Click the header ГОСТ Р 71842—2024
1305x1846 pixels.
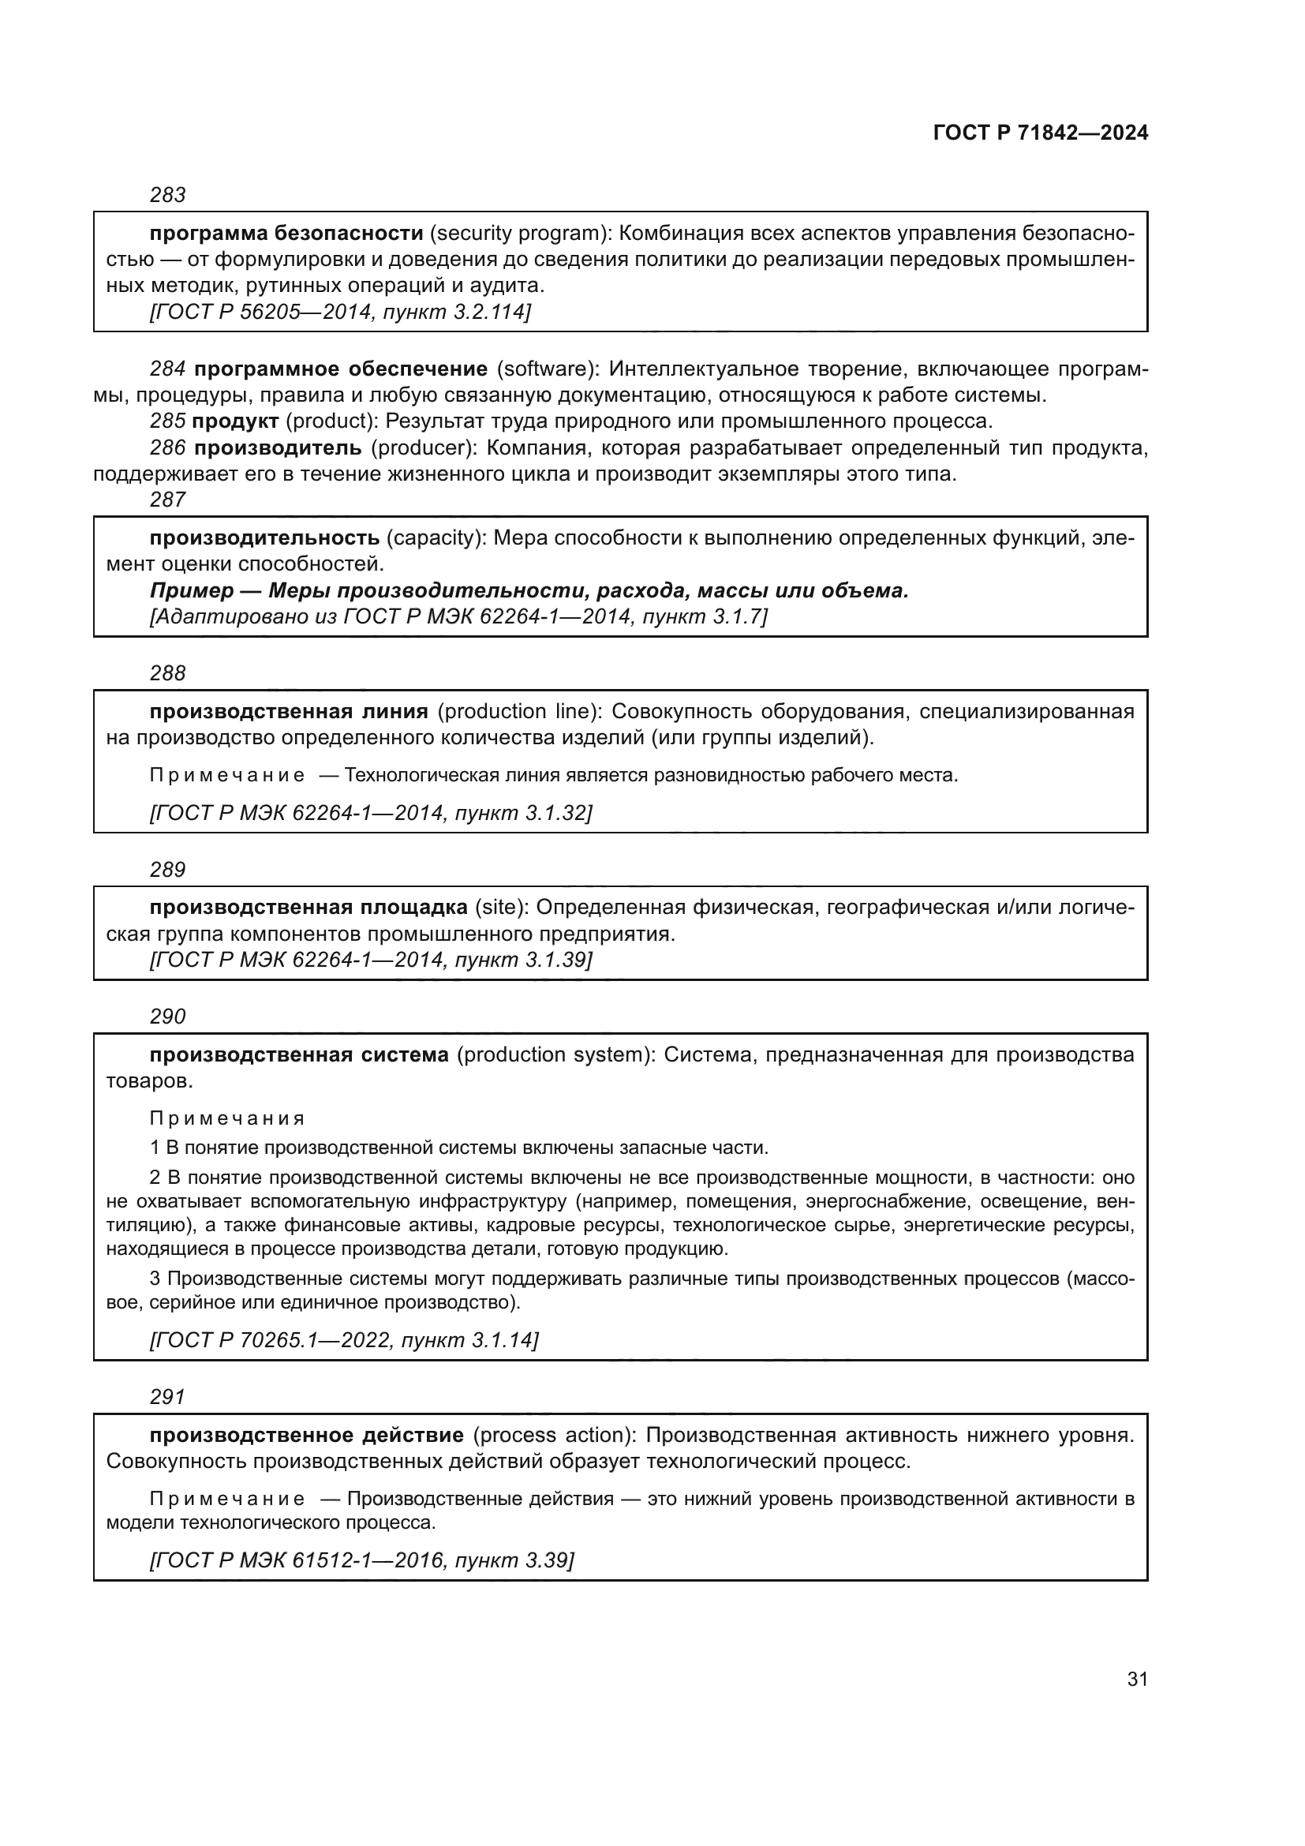(1040, 133)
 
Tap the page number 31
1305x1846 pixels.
(1137, 1679)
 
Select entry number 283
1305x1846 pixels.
(168, 195)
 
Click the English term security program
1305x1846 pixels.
(518, 234)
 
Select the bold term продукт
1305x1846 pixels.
(235, 421)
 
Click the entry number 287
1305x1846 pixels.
(168, 500)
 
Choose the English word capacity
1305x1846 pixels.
(432, 538)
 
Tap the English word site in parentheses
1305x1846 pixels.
(501, 908)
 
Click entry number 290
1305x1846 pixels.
(168, 1017)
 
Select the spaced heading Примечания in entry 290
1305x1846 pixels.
(227, 1118)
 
